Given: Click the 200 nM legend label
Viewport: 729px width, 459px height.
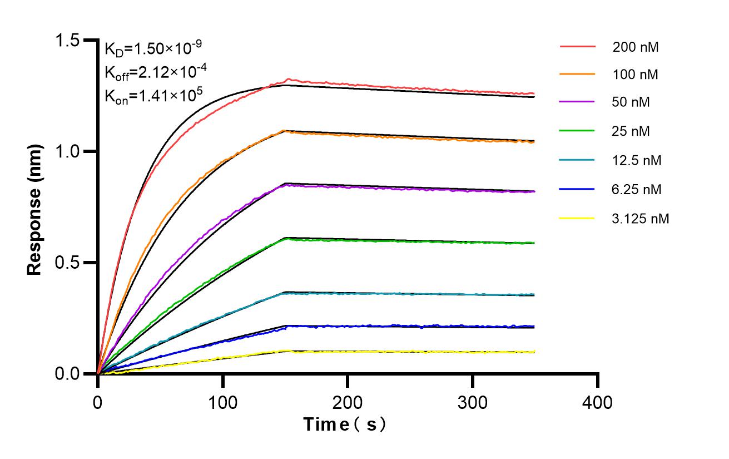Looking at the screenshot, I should pyautogui.click(x=636, y=47).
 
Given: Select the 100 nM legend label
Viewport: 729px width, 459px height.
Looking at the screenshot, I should pyautogui.click(x=636, y=75).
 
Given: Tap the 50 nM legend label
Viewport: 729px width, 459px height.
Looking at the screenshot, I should pyautogui.click(x=631, y=102).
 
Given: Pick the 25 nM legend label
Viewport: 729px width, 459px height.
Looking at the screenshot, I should pyautogui.click(x=631, y=131).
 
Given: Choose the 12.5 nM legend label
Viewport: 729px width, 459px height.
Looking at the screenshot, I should pyautogui.click(x=637, y=161).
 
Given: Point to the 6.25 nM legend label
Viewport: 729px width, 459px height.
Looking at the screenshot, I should pyautogui.click(x=637, y=190).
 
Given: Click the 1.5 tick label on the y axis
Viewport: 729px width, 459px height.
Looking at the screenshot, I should pyautogui.click(x=68, y=40).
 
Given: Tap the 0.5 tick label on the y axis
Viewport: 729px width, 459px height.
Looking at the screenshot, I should pyautogui.click(x=68, y=263).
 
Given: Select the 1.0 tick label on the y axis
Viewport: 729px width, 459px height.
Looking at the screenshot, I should pyautogui.click(x=68, y=151).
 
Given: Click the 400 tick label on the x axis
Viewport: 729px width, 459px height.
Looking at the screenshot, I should pyautogui.click(x=598, y=402).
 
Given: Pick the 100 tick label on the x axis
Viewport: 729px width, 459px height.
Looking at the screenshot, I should pyautogui.click(x=223, y=402).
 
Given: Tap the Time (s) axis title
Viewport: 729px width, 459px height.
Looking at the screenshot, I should pyautogui.click(x=345, y=425).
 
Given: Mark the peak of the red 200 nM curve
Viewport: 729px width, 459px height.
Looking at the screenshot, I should pyautogui.click(x=288, y=80).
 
